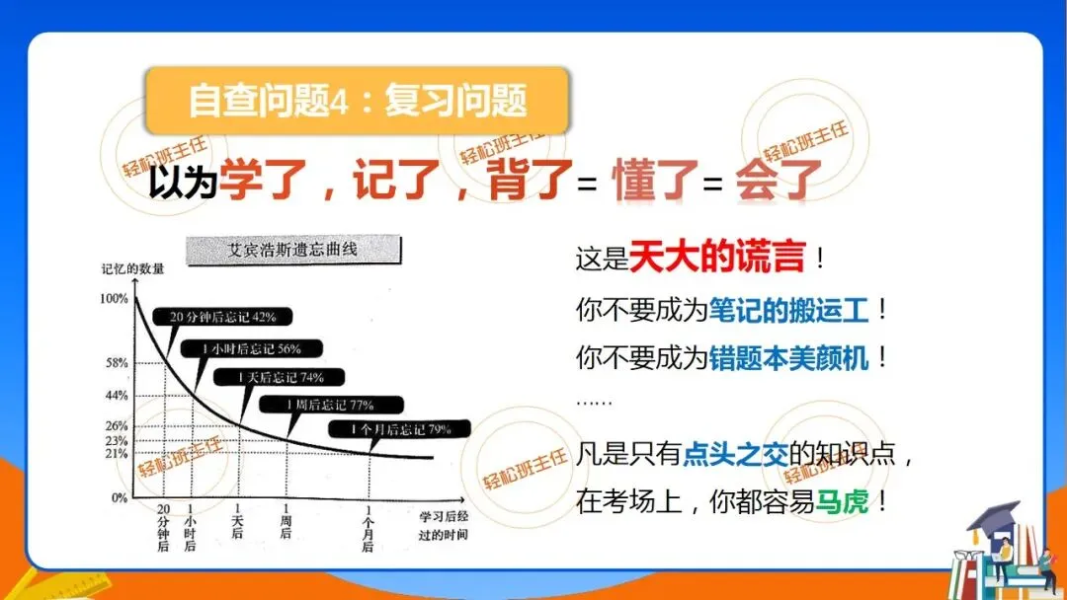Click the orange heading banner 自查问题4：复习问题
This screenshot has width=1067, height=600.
coord(357,102)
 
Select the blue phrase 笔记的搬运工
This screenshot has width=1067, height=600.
coord(788,310)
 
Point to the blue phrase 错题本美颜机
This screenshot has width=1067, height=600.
coord(788,357)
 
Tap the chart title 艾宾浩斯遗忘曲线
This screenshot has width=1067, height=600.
coord(292,250)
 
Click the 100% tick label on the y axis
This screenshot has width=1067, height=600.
coord(114,298)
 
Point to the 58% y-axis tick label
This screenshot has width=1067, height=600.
coord(117,363)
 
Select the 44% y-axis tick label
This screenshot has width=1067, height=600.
coord(117,396)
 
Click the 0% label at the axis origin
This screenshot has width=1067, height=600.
coord(119,498)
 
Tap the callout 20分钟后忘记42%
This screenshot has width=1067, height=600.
coord(222,317)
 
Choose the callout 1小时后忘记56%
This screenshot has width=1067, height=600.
coord(250,348)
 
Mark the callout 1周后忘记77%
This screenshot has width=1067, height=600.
coord(332,404)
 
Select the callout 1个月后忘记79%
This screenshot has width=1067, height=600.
coord(400,429)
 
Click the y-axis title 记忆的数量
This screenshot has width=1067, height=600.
coord(132,268)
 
